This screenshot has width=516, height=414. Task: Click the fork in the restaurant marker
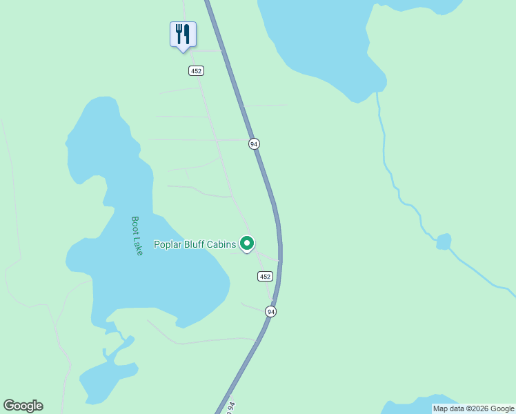tap(179, 32)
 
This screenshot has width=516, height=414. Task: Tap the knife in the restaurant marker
tap(187, 32)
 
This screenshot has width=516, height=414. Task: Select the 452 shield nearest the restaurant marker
tap(196, 70)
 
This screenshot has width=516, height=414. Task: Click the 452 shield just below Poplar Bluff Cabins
tap(266, 276)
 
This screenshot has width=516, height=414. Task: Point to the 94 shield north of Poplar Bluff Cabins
tap(255, 144)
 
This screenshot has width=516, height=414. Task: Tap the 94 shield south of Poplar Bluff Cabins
tap(271, 312)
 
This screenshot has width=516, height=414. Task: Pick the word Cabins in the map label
tap(222, 244)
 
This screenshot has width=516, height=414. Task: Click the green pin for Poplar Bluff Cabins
tap(247, 243)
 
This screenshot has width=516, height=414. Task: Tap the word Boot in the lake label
tap(135, 225)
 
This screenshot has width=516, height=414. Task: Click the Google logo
tap(23, 406)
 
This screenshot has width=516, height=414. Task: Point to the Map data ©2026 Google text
tap(473, 408)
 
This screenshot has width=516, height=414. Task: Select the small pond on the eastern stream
tap(444, 241)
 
